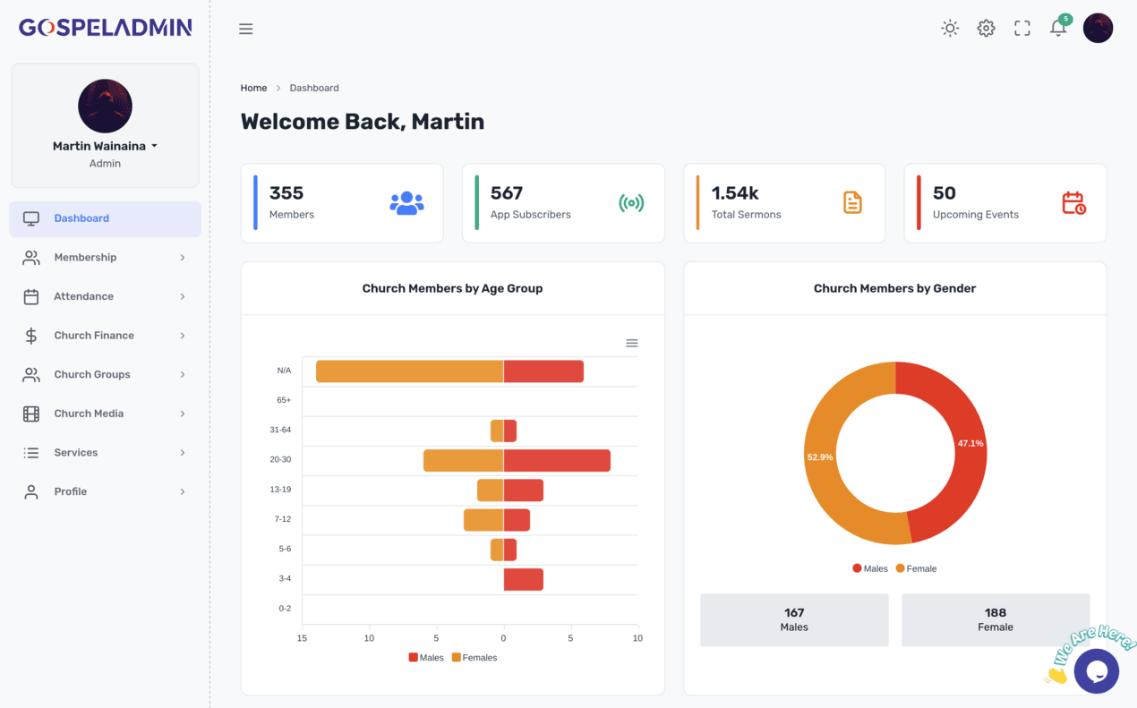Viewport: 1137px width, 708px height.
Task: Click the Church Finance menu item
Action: pos(94,336)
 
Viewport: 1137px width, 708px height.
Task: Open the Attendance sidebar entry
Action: pos(83,296)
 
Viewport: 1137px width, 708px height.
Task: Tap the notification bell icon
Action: pos(1057,29)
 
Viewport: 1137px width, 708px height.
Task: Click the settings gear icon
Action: pos(986,29)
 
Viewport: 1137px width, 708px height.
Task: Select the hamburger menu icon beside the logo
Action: pos(245,29)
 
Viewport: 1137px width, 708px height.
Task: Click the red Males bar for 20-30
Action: pos(557,460)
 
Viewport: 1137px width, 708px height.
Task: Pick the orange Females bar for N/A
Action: pos(409,371)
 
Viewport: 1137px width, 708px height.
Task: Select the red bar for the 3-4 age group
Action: pos(523,579)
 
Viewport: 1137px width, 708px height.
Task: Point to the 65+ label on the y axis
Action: pos(284,400)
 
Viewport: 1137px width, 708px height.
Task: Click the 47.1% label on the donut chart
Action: pos(970,443)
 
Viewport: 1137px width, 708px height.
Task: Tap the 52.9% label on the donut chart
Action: pos(820,456)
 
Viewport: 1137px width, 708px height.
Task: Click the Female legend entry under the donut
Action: pos(916,568)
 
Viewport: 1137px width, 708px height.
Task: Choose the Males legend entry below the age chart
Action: pos(426,658)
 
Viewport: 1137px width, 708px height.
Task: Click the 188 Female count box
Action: pos(995,619)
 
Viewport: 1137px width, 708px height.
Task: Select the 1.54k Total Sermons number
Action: pos(735,193)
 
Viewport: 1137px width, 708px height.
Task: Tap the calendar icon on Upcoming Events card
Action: pos(1073,203)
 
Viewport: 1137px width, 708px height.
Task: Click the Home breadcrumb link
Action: pos(253,88)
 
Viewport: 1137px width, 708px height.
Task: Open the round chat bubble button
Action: pos(1096,670)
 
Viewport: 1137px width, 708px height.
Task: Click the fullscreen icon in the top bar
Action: pos(1022,29)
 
